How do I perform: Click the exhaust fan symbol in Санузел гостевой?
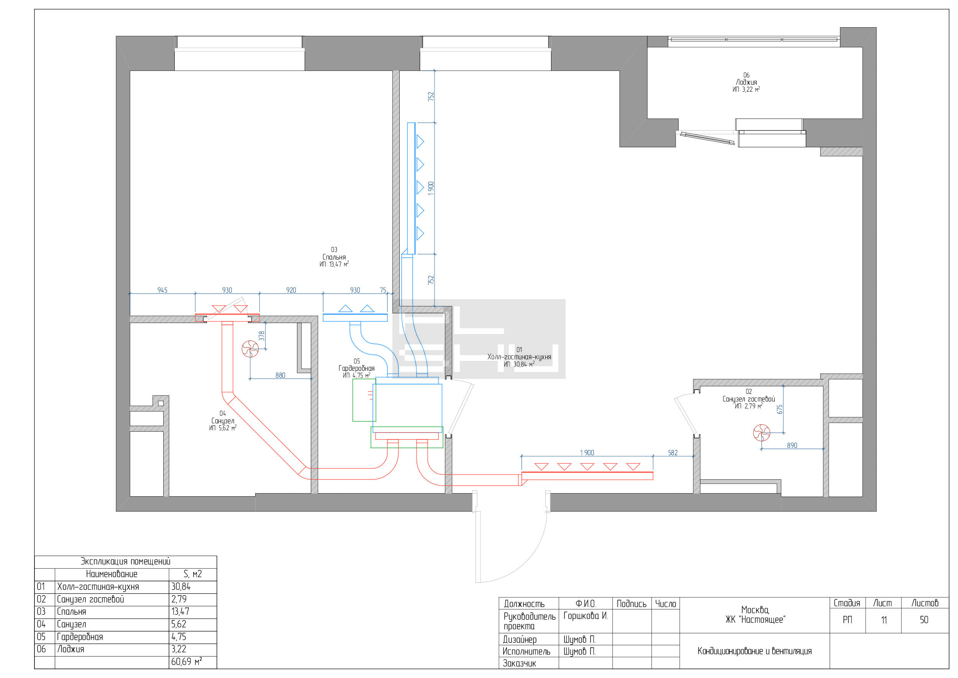tap(761, 433)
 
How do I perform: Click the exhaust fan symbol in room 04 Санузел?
tap(250, 349)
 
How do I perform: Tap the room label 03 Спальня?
tap(334, 257)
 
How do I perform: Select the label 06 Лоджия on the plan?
tap(746, 82)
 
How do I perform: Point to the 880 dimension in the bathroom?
tap(281, 375)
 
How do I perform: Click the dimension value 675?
tap(780, 409)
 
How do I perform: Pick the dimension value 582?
tap(673, 453)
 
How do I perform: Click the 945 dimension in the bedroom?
tap(162, 290)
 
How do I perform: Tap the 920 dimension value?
tap(291, 290)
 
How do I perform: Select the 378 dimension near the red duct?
tap(262, 336)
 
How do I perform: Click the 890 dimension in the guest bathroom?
tap(792, 446)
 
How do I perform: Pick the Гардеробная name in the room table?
tap(80, 637)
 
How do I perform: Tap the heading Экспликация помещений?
tap(125, 561)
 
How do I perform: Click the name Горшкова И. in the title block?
tap(586, 616)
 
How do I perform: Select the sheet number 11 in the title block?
tap(884, 620)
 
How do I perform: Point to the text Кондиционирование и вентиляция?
tap(755, 651)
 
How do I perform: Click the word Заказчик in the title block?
tap(519, 663)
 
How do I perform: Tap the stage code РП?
tap(847, 620)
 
